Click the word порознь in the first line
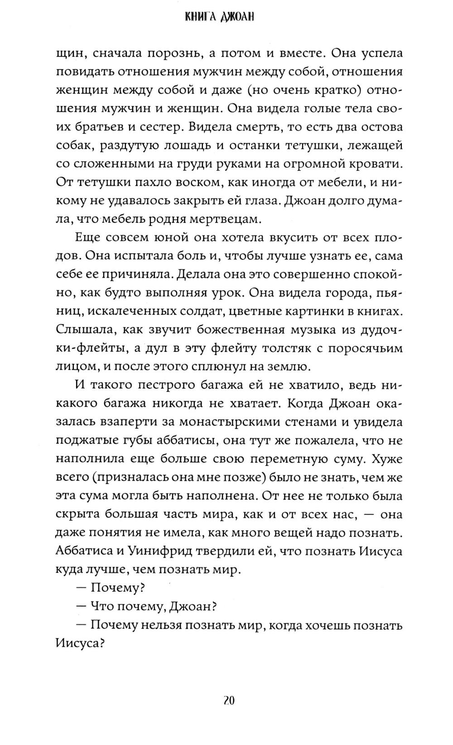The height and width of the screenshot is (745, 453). click(169, 54)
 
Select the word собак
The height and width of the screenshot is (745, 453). click(74, 146)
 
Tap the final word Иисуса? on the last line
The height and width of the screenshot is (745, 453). click(80, 645)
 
